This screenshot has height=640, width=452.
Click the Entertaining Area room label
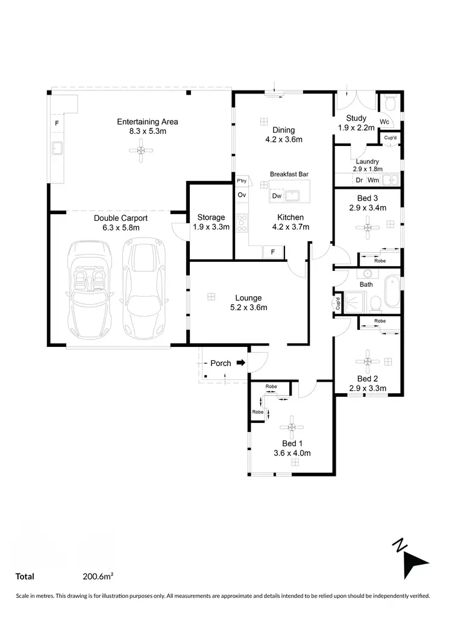pos(147,122)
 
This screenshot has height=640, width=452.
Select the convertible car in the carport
pos(89,288)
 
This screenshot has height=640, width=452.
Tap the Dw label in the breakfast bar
pos(277,196)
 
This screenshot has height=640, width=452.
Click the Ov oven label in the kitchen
pos(242,195)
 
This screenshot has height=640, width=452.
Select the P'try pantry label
pos(242,181)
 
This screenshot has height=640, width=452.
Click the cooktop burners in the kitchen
pos(242,223)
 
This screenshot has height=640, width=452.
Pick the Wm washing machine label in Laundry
pos(374,180)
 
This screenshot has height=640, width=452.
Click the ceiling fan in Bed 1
pos(291,427)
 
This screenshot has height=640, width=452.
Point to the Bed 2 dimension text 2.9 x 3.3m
pos(368,388)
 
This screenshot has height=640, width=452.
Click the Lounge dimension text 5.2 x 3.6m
pos(248,308)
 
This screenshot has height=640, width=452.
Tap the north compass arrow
pos(414,561)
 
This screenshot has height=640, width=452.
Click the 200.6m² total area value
pos(98,577)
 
